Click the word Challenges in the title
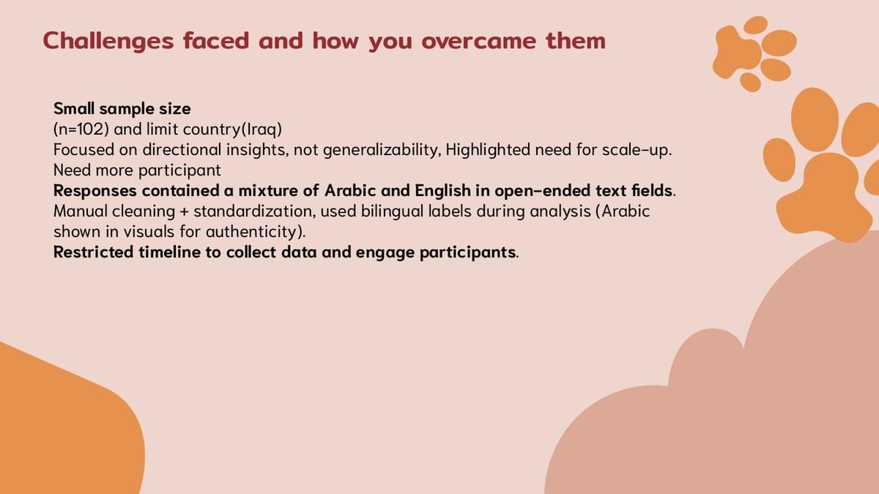click(x=108, y=41)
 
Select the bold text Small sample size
click(x=122, y=108)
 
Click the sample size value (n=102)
click(x=81, y=130)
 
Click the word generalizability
click(x=380, y=150)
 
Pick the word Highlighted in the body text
click(x=487, y=150)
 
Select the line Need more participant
click(x=137, y=170)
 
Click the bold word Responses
click(x=95, y=190)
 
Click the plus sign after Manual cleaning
click(x=184, y=212)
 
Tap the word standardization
click(x=255, y=211)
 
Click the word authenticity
click(x=251, y=231)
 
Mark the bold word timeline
click(x=169, y=252)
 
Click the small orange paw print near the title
click(x=754, y=53)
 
